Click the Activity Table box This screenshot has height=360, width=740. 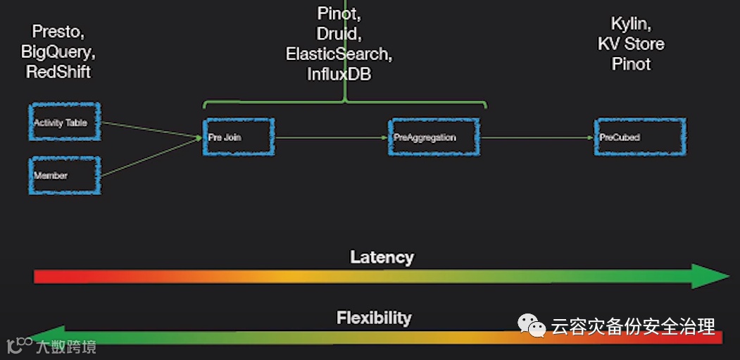click(64, 123)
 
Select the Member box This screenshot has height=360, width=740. click(64, 175)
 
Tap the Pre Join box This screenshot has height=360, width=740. click(239, 137)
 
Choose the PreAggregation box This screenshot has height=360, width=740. click(434, 137)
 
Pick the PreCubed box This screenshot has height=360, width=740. click(640, 137)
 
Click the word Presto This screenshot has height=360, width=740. click(59, 32)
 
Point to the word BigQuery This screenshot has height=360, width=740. click(58, 51)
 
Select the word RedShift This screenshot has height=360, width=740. click(58, 71)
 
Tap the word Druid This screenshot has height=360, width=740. click(339, 34)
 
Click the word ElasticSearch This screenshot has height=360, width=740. click(339, 54)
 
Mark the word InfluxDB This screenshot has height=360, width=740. click(339, 73)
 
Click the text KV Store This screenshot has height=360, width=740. click(631, 44)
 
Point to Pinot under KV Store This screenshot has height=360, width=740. click(631, 64)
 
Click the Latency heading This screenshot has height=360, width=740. click(382, 257)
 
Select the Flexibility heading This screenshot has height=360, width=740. click(374, 318)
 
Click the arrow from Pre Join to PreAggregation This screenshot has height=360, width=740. click(331, 137)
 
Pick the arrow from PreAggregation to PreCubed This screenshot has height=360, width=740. click(537, 137)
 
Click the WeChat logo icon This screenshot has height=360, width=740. click(532, 325)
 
